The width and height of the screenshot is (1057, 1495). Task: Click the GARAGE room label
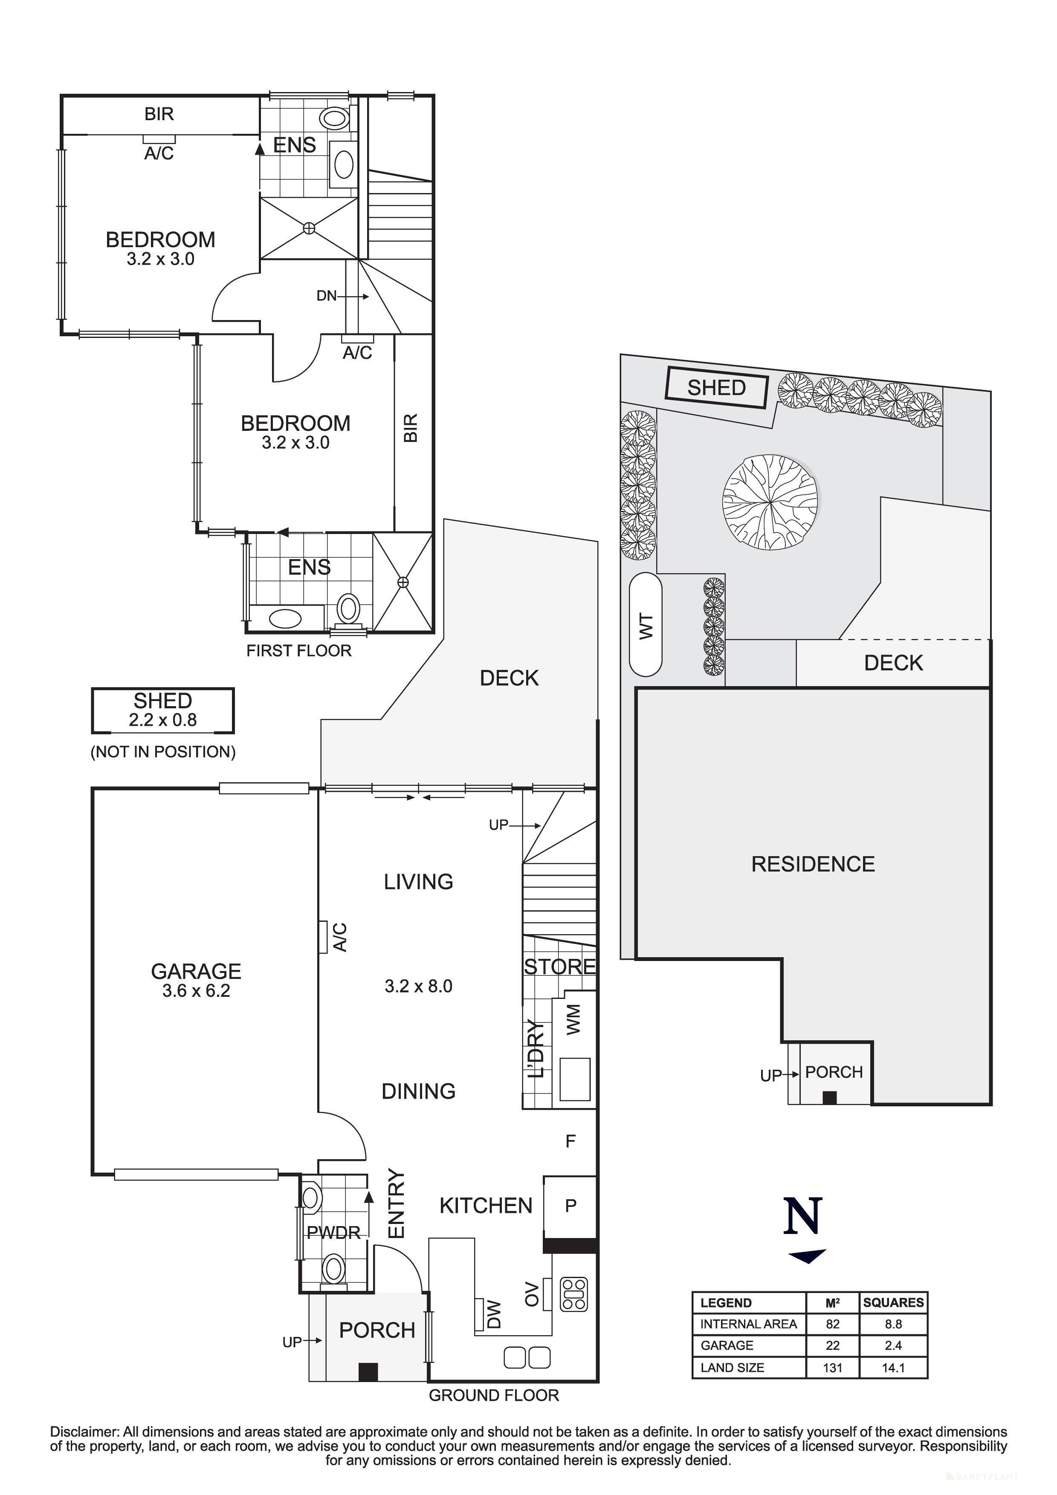pyautogui.click(x=196, y=972)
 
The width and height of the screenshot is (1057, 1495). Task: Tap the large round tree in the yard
pyautogui.click(x=771, y=502)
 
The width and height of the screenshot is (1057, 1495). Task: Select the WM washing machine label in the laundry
pyautogui.click(x=573, y=1019)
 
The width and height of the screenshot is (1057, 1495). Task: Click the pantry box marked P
pyautogui.click(x=570, y=1206)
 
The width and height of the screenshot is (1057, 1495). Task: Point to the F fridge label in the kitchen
pyautogui.click(x=570, y=1141)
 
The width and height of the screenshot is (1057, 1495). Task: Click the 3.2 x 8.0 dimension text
pyautogui.click(x=418, y=987)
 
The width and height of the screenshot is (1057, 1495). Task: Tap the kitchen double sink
pyautogui.click(x=527, y=1358)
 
